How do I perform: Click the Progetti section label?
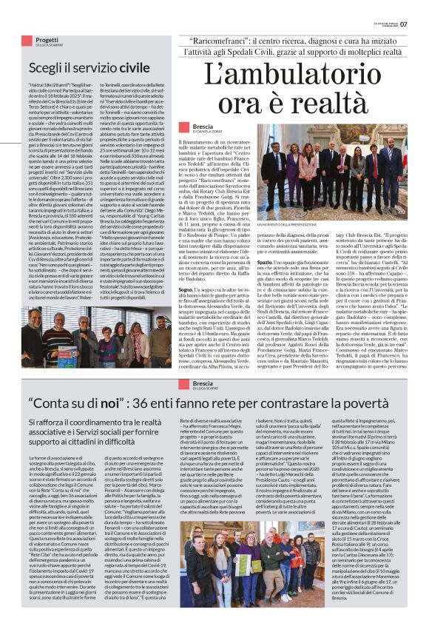(x=47, y=40)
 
